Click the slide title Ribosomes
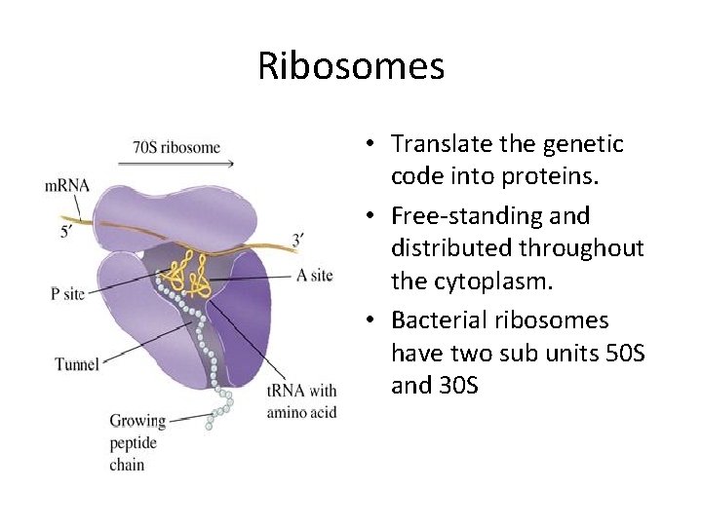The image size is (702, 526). point(351,66)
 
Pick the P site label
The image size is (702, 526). point(68,293)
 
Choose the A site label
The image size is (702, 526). point(314,276)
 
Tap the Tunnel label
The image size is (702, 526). point(77,364)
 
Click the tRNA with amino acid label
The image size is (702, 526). point(301,400)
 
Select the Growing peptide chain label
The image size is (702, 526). point(136,442)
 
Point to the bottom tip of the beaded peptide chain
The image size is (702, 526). point(210,426)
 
